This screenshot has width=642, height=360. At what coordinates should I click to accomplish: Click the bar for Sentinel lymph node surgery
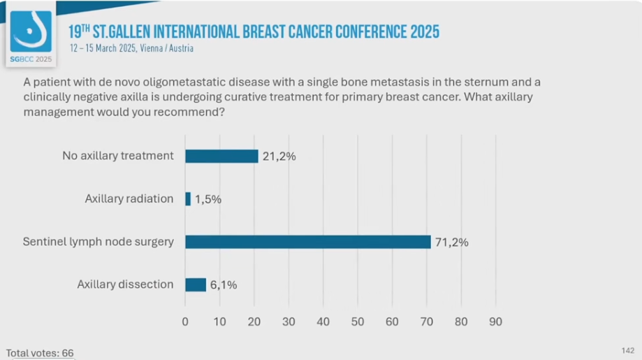(307, 242)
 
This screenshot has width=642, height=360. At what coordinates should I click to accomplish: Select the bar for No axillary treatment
(221, 156)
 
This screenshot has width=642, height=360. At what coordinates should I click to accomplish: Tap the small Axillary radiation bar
(188, 199)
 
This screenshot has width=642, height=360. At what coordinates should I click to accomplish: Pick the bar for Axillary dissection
(196, 285)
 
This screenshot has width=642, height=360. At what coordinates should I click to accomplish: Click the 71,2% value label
(451, 243)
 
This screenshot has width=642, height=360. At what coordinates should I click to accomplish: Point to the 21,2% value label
(279, 156)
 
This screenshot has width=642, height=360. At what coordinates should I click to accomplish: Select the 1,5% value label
(208, 199)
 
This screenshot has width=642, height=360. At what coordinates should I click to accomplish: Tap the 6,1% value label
(224, 285)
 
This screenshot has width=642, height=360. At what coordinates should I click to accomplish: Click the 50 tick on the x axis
(358, 322)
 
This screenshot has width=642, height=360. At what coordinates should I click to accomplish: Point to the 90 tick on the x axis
(495, 322)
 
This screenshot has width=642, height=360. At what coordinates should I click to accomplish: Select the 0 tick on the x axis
(185, 322)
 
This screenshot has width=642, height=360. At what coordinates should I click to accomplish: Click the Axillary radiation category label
(129, 199)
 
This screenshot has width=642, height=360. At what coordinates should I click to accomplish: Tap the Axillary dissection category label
(126, 284)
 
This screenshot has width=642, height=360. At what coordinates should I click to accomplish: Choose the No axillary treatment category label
(118, 155)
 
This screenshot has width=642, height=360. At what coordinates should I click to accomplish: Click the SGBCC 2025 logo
(31, 36)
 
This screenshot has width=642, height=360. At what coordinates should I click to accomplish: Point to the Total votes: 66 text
(40, 353)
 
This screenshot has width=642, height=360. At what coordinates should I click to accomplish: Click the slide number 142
(627, 350)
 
